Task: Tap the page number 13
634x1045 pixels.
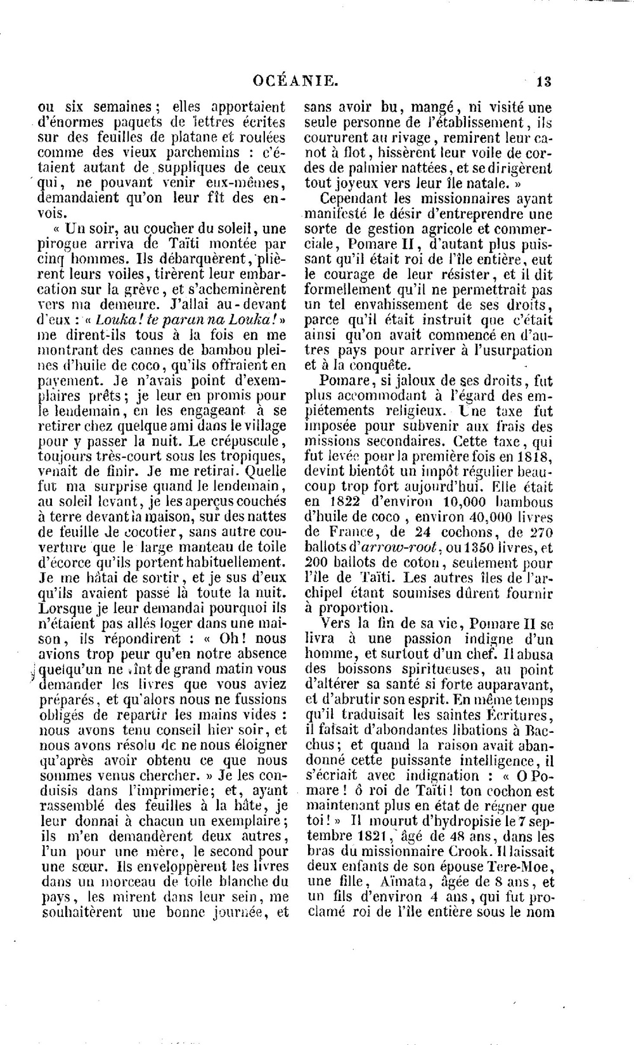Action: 543,81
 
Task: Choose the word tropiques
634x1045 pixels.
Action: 250,456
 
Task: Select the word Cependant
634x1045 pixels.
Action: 357,199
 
